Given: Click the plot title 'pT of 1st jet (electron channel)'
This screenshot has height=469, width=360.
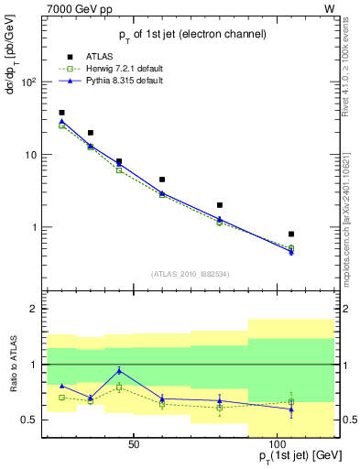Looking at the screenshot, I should tap(192, 34).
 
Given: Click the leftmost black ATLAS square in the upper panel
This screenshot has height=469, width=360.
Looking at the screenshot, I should tap(61, 113).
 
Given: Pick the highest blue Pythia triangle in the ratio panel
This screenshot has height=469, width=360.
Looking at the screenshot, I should tap(119, 370).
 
